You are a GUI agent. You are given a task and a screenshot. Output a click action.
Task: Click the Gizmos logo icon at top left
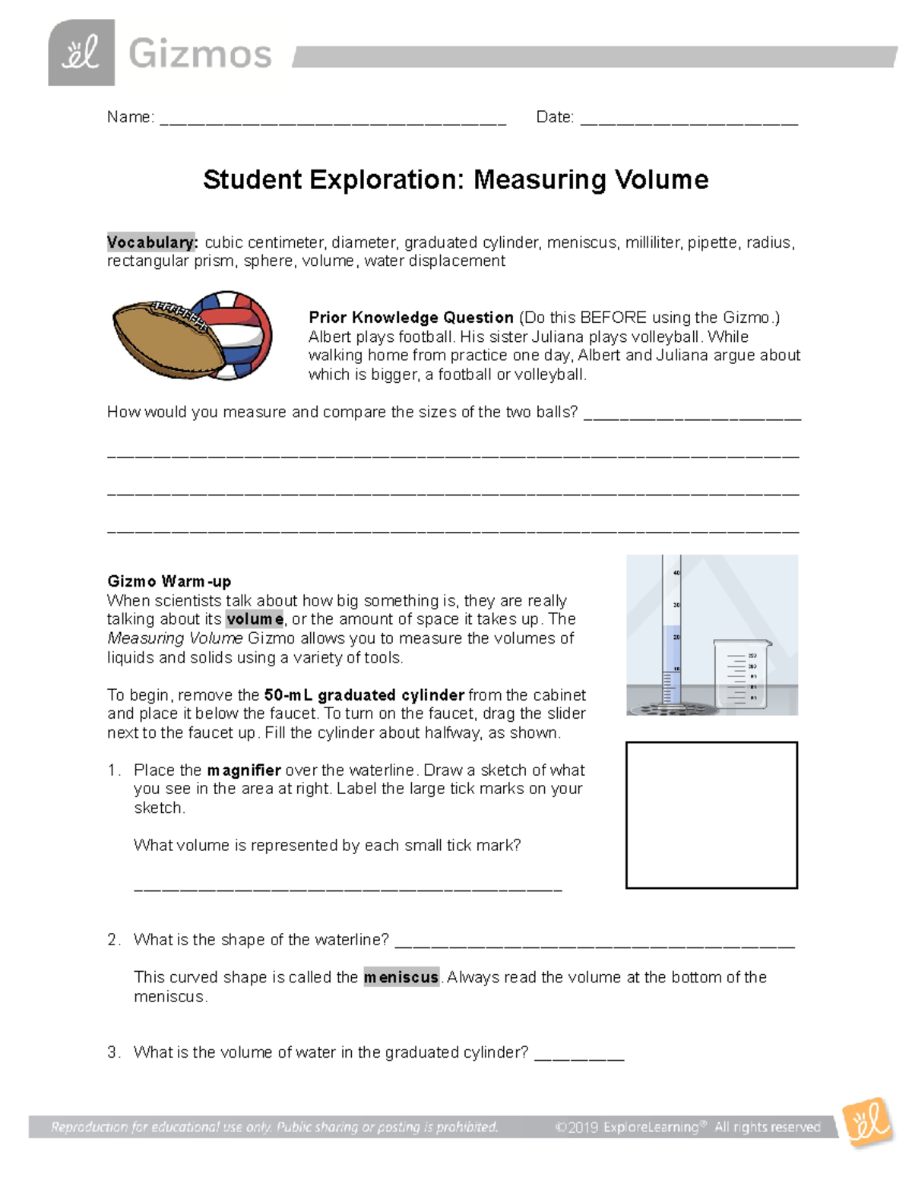(x=81, y=53)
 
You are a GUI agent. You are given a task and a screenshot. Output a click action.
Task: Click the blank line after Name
(x=333, y=120)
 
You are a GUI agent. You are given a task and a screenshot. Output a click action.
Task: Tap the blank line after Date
(x=689, y=120)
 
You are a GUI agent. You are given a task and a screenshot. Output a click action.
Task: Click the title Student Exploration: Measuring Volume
(x=455, y=180)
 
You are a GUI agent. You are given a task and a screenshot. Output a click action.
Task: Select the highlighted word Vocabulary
(x=152, y=242)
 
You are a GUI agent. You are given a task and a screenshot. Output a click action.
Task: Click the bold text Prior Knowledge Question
(x=410, y=318)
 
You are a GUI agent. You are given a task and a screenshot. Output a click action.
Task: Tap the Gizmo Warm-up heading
(x=169, y=581)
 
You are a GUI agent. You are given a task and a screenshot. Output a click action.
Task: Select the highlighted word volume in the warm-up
(x=255, y=619)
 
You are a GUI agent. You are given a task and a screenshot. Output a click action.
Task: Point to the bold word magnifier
(x=243, y=770)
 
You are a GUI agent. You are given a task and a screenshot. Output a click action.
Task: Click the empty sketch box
(x=711, y=815)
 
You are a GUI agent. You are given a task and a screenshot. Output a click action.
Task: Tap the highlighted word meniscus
(x=401, y=977)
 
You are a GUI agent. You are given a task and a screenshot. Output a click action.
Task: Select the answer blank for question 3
(x=579, y=1056)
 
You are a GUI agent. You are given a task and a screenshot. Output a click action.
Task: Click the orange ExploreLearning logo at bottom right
(x=867, y=1122)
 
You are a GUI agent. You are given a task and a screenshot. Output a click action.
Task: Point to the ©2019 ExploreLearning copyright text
(x=687, y=1127)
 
